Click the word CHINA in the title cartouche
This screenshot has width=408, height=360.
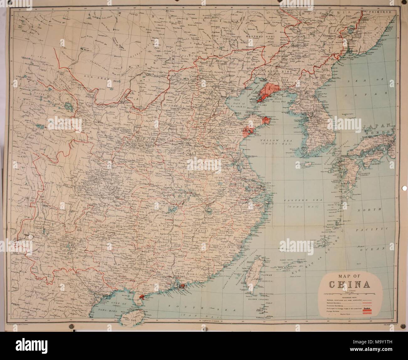(x=349, y=284)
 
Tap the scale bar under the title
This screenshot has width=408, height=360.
(x=349, y=294)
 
